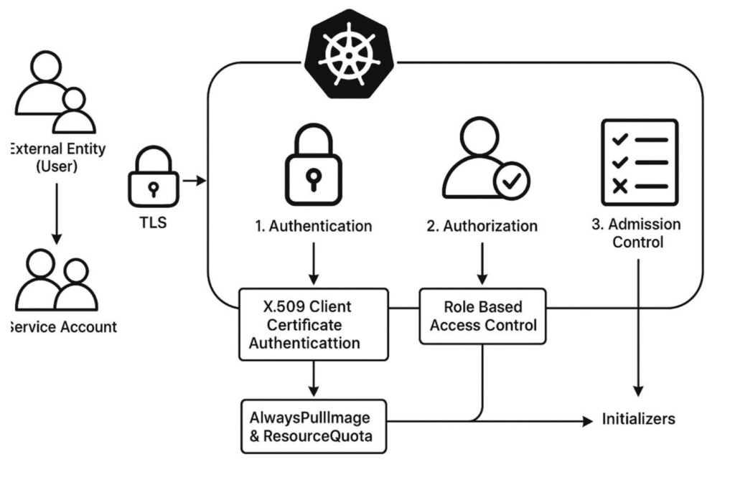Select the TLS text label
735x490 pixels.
(x=151, y=222)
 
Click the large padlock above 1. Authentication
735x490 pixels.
(x=313, y=168)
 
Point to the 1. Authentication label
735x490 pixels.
(x=313, y=227)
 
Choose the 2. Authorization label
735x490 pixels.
(x=482, y=227)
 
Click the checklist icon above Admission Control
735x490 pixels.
(x=638, y=161)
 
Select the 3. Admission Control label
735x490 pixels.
(x=636, y=233)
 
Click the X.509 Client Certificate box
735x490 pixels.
(x=313, y=325)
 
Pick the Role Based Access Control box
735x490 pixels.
(x=482, y=316)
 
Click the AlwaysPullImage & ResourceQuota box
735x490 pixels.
(x=313, y=426)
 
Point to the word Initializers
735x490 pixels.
(x=638, y=419)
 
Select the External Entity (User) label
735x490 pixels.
(x=56, y=158)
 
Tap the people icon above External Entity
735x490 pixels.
(x=55, y=94)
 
